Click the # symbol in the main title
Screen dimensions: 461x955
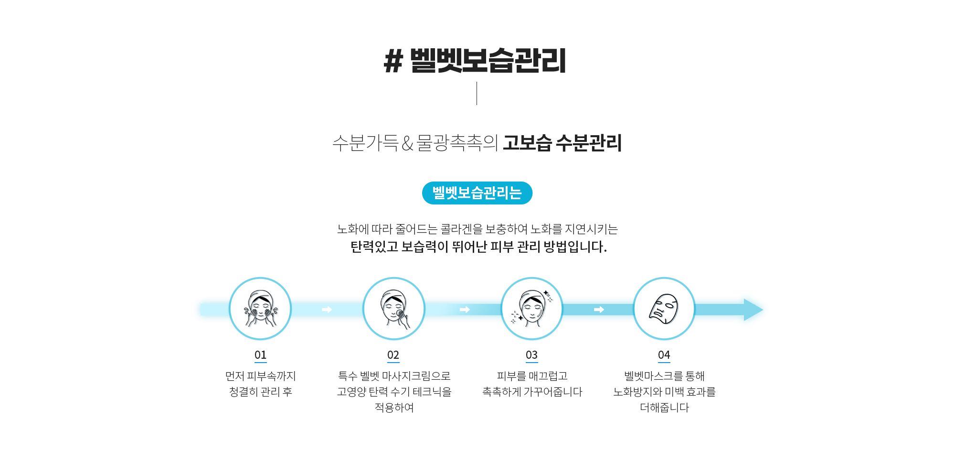[393, 61]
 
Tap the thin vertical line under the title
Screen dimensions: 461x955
[477, 93]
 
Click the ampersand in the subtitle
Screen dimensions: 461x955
[407, 143]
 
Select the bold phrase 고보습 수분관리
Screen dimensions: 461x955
[562, 143]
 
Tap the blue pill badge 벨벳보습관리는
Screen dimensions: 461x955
[477, 193]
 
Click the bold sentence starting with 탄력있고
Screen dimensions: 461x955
[478, 247]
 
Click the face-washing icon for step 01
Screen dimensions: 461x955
[260, 309]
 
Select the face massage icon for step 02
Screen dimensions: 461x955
[394, 309]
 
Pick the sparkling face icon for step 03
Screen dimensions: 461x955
[532, 309]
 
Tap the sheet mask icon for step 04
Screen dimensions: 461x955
[664, 309]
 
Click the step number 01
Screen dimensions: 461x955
[260, 355]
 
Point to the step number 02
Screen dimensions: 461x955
[393, 355]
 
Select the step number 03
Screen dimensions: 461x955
[531, 355]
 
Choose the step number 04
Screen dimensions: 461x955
[664, 355]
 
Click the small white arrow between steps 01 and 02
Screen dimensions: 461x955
[327, 310]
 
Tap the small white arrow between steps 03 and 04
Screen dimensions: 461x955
[599, 310]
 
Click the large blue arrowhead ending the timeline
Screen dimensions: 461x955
[753, 310]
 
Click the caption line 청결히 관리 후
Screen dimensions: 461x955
[260, 392]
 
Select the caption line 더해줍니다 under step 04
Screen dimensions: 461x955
[664, 407]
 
